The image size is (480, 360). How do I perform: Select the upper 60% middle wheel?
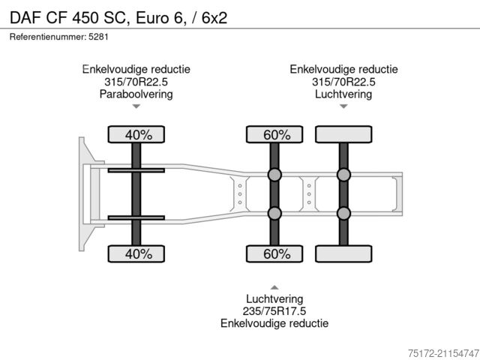[276, 135]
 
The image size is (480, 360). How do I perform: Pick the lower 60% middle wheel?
[276, 254]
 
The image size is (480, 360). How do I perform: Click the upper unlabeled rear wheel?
[343, 135]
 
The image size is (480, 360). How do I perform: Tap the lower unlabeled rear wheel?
[343, 254]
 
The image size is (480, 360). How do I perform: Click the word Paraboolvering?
[136, 94]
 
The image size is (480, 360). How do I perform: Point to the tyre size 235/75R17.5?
[274, 310]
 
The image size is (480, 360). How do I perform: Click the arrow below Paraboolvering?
[136, 106]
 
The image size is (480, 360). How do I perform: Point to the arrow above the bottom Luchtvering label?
[274, 286]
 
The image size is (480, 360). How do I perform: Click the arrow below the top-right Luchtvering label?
[343, 106]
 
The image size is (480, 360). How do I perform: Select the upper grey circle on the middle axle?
[275, 175]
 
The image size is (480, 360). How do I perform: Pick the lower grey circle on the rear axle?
[343, 214]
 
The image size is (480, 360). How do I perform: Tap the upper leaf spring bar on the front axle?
[136, 171]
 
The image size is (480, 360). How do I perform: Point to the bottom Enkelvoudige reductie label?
[274, 323]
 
